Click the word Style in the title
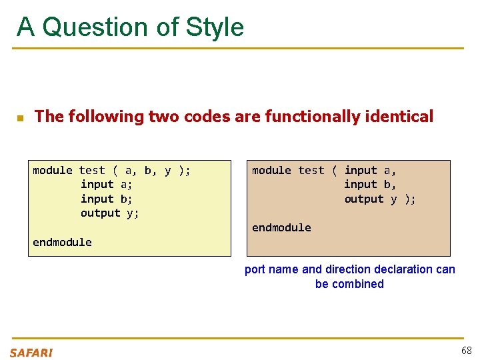pos(215,27)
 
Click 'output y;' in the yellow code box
pos(109,213)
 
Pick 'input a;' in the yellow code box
pos(106,185)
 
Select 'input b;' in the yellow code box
pos(106,199)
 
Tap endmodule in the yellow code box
pos(62,242)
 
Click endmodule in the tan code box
pos(281,227)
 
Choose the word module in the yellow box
pos(52,171)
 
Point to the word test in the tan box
pos(311,171)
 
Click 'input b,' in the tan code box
pos(370,185)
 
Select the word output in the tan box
pos(364,199)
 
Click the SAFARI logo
pos(31,353)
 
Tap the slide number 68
pos(465,351)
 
